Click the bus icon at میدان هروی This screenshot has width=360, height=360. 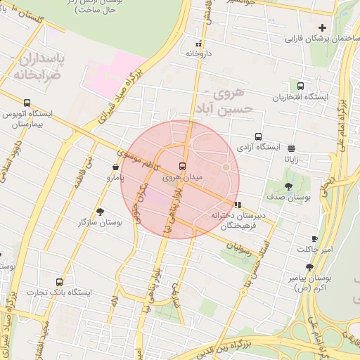(x=183, y=167)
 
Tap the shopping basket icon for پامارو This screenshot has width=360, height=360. (x=115, y=167)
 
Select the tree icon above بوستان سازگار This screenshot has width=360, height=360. (x=100, y=211)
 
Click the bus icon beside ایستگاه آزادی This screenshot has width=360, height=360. (x=259, y=137)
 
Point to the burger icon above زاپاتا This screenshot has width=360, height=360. (x=292, y=148)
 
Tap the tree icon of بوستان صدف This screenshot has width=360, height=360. (x=289, y=186)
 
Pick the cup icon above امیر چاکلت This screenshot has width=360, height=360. (x=314, y=239)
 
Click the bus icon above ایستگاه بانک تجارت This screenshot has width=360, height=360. (x=59, y=281)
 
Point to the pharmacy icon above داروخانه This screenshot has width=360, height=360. (x=198, y=44)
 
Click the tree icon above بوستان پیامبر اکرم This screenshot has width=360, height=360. (x=309, y=267)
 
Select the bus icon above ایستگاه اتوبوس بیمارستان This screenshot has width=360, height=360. (x=27, y=103)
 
